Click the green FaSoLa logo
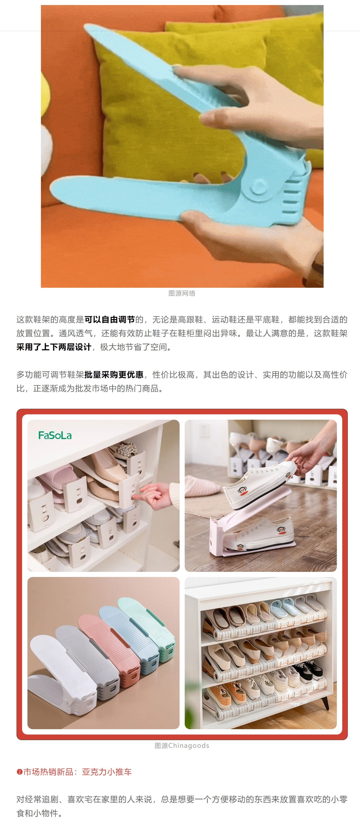click(x=55, y=436)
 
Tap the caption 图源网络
click(x=182, y=293)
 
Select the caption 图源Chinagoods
click(x=182, y=746)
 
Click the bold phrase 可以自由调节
click(x=110, y=320)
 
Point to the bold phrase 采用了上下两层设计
click(x=54, y=347)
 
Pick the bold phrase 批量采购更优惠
click(x=114, y=375)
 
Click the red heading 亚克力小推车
click(x=107, y=772)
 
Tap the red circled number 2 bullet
click(x=19, y=772)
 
